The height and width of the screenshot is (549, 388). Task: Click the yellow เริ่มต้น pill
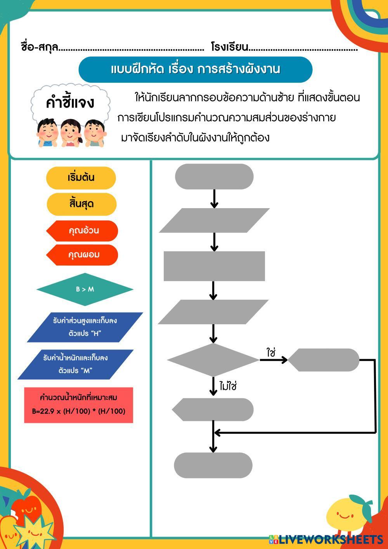[81, 178]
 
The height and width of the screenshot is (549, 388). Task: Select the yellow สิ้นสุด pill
[81, 204]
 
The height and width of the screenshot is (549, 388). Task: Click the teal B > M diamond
[85, 289]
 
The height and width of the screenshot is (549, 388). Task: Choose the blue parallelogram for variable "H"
[85, 327]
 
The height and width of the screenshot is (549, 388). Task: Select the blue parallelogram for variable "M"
[75, 364]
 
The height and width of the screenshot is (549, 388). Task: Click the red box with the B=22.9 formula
[78, 405]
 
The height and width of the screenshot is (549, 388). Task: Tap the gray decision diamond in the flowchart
[213, 360]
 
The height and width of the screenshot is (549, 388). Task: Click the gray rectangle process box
[214, 266]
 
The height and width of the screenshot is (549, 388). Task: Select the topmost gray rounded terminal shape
[214, 177]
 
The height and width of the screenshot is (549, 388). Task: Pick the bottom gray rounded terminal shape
[213, 465]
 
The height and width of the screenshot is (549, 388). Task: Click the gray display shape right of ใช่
[324, 360]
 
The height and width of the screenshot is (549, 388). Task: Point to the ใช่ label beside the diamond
[271, 352]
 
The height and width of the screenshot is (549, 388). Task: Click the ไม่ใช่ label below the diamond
[228, 386]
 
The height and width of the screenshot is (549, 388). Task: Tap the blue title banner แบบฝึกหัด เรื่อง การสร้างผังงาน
[196, 69]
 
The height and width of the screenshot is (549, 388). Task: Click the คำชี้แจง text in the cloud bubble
[70, 103]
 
